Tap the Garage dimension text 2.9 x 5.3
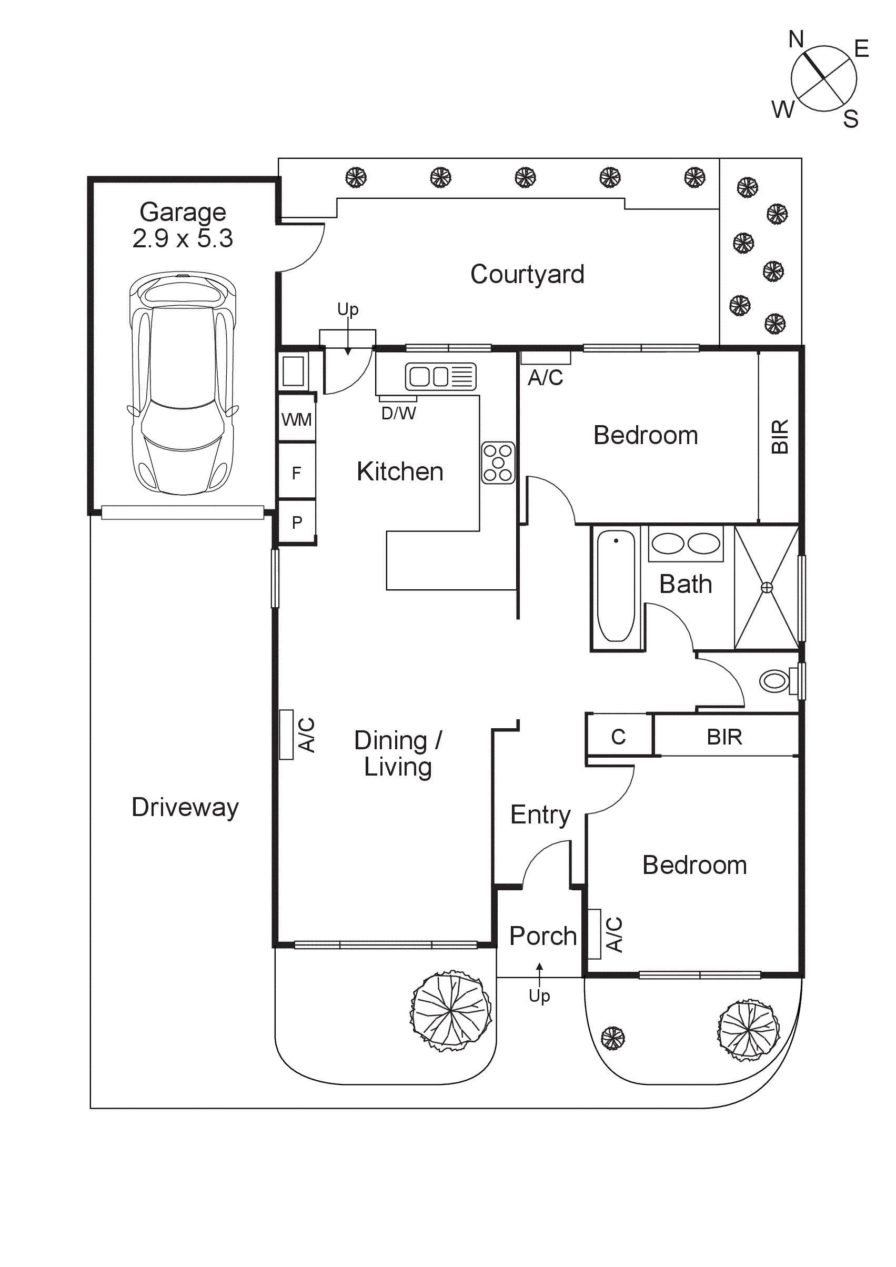pyautogui.click(x=183, y=238)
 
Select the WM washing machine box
pyautogui.click(x=296, y=419)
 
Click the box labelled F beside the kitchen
pyautogui.click(x=296, y=473)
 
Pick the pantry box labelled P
pyautogui.click(x=297, y=522)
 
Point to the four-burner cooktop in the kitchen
pyautogui.click(x=498, y=463)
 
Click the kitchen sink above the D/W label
pyautogui.click(x=440, y=376)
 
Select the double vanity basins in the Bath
pyautogui.click(x=686, y=544)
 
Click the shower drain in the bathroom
pyautogui.click(x=767, y=588)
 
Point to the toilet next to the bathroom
pyautogui.click(x=774, y=681)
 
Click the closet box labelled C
pyautogui.click(x=619, y=737)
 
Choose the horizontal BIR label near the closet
pyautogui.click(x=724, y=737)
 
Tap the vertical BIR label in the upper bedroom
pyautogui.click(x=780, y=437)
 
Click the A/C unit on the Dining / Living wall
pyautogui.click(x=286, y=735)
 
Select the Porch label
pyautogui.click(x=543, y=936)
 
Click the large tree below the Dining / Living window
pyautogui.click(x=451, y=1010)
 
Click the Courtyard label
pyautogui.click(x=527, y=274)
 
